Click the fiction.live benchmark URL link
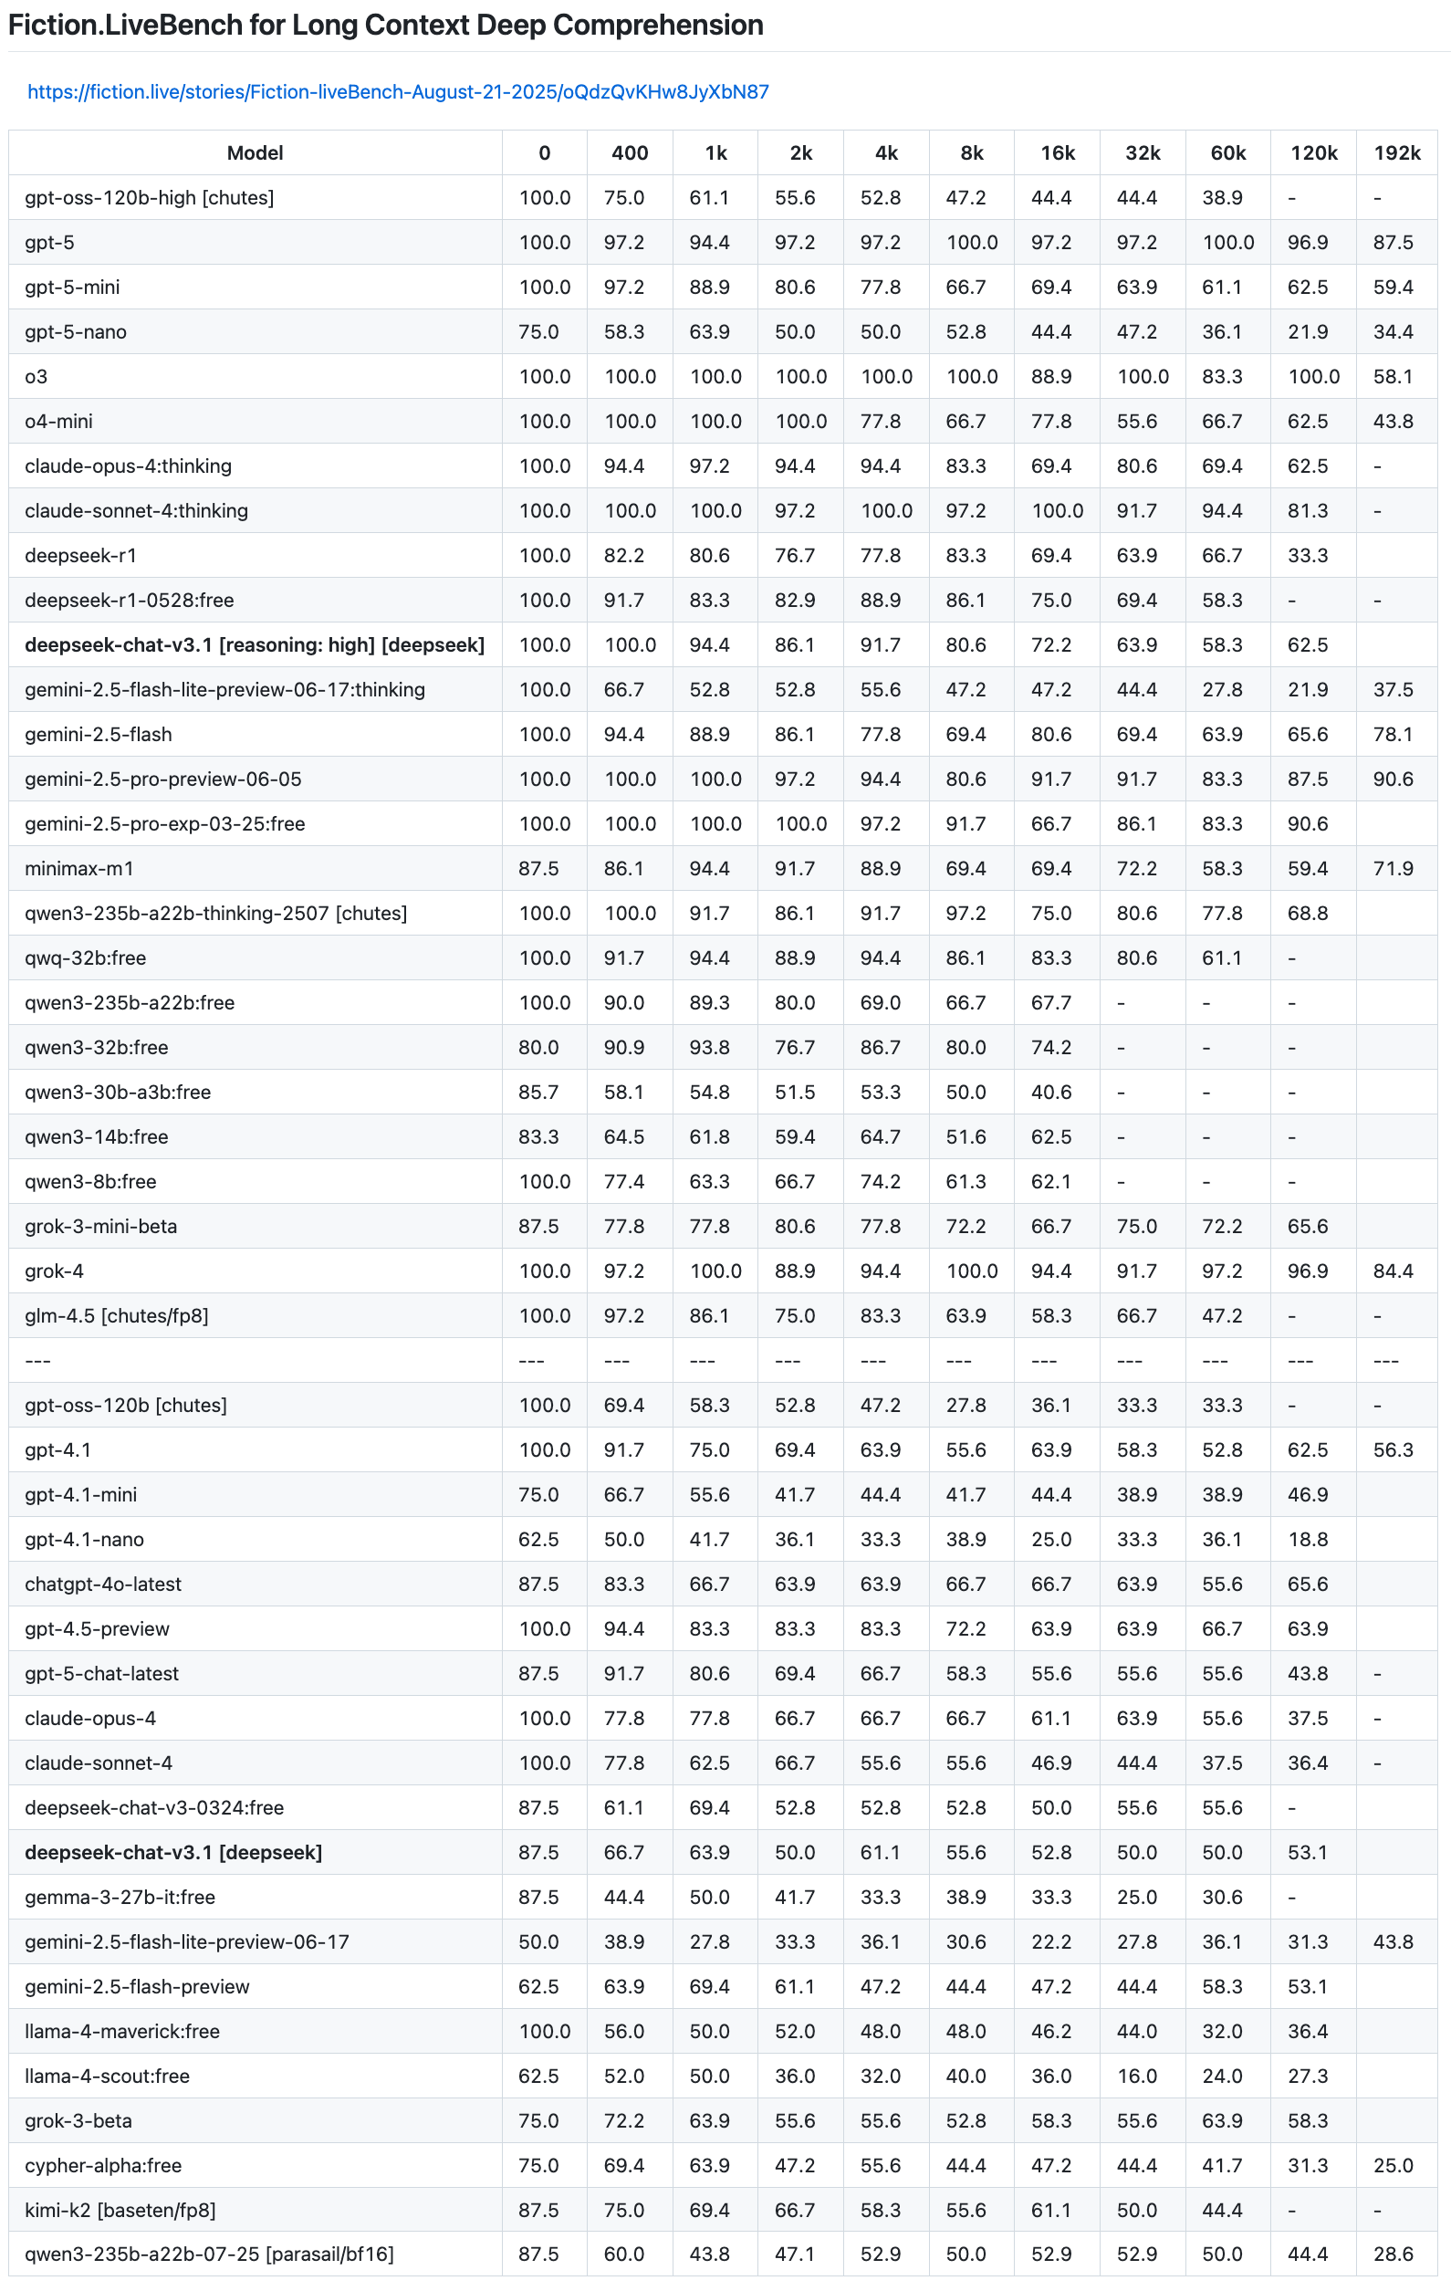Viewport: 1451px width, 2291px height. point(398,92)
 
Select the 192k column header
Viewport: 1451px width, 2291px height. point(1397,153)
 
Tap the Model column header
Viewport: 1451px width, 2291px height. point(255,153)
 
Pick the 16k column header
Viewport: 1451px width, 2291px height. point(1057,153)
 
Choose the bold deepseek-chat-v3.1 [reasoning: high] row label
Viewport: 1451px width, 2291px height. point(254,645)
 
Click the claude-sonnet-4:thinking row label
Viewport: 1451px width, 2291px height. point(136,511)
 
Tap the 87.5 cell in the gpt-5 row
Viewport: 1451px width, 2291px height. point(1393,243)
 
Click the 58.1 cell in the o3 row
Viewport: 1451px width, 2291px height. point(1393,377)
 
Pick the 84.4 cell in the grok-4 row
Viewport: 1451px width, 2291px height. point(1393,1271)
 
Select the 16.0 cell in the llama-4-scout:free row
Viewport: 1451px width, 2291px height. point(1137,2076)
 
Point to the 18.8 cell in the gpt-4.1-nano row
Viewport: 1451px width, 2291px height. point(1308,1540)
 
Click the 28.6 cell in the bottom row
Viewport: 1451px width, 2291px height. point(1393,2254)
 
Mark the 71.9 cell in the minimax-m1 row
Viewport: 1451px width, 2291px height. point(1393,869)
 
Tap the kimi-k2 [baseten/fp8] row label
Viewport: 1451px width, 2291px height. point(120,2210)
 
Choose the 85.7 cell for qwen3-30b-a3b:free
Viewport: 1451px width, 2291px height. point(538,1093)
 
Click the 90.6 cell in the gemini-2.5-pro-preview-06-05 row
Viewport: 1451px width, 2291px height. point(1393,779)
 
